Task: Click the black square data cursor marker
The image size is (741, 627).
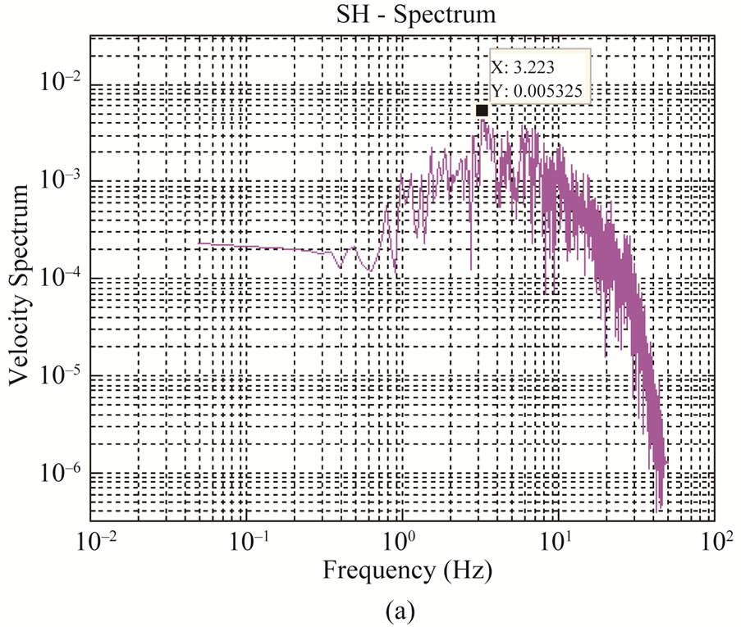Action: (482, 111)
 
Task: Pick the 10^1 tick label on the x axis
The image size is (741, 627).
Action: (558, 542)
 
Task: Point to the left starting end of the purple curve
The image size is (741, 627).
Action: (198, 243)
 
